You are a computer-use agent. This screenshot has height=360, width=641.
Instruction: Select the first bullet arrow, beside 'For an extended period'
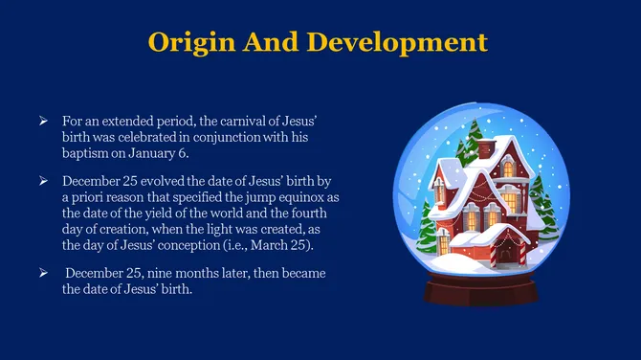click(43, 123)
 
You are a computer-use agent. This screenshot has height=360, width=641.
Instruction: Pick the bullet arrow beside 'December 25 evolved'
click(43, 180)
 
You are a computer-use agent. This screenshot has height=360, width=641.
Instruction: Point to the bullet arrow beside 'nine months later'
click(43, 274)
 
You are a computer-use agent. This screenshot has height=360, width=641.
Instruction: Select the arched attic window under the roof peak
click(507, 169)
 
